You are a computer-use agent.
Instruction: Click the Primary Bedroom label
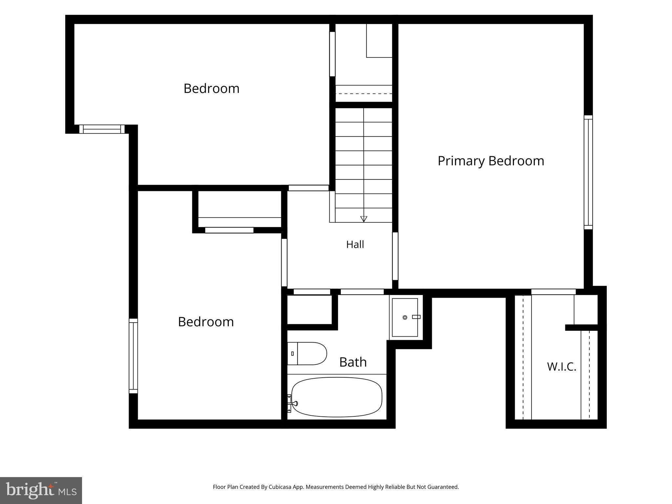491,161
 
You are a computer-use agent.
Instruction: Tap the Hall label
355,244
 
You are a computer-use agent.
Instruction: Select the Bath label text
353,362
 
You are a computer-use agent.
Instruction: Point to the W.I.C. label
561,367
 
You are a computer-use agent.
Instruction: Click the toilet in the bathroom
307,353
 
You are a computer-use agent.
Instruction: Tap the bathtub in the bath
337,397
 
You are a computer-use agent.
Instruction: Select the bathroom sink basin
405,317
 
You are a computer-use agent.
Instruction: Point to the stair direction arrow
364,219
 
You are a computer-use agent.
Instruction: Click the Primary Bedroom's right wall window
588,172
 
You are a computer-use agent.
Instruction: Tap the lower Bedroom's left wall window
133,356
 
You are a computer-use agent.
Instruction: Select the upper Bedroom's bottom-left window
102,129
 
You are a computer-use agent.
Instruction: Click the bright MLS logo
41,491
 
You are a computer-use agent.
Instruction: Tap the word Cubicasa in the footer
281,487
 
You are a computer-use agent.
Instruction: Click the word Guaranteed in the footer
443,487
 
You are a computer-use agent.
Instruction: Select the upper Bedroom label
211,88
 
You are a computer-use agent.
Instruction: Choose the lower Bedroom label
206,322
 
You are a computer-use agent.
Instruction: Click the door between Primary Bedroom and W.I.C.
553,292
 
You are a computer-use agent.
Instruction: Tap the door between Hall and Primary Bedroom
395,256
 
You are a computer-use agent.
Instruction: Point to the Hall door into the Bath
362,292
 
